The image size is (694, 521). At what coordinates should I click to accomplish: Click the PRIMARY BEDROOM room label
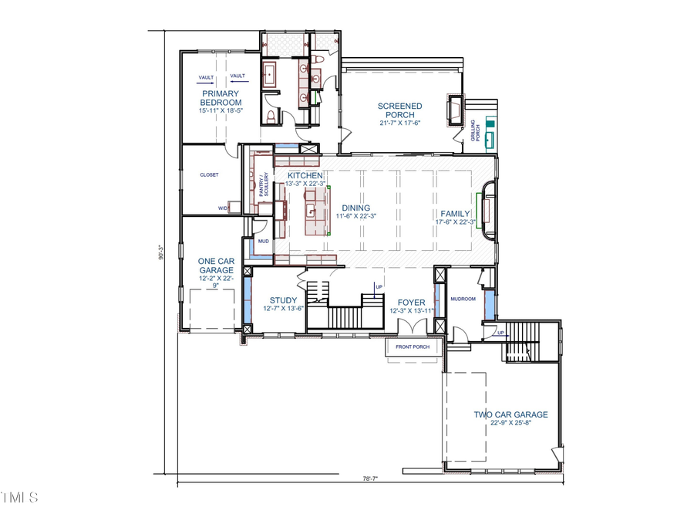point(221,98)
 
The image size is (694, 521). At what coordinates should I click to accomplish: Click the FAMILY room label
point(455,213)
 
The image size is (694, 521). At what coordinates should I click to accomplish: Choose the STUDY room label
point(283,300)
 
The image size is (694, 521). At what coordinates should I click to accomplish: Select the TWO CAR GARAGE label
point(510,414)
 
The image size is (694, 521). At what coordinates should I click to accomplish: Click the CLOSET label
point(209,174)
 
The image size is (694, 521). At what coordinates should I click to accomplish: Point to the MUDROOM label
point(463,298)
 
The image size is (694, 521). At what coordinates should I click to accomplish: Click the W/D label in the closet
point(222,208)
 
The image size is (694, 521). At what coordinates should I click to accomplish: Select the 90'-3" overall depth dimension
point(161,252)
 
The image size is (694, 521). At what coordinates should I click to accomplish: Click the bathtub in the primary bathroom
point(271,75)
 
